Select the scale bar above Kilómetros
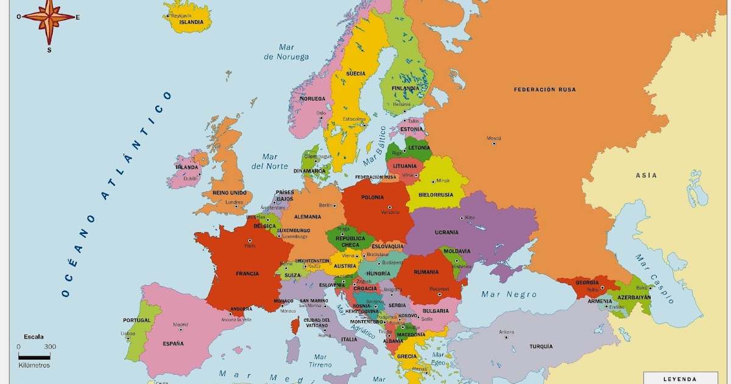(34, 355)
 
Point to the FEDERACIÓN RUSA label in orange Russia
(545, 90)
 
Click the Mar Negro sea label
(509, 294)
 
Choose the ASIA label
(646, 176)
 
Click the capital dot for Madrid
(180, 330)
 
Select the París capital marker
(250, 241)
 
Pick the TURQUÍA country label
(541, 346)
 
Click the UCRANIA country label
(447, 232)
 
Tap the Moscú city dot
(493, 143)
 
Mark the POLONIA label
(372, 197)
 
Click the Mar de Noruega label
(286, 52)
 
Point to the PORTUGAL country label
(136, 320)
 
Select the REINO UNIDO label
(230, 193)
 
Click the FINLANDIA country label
(405, 88)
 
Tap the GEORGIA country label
(587, 282)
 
